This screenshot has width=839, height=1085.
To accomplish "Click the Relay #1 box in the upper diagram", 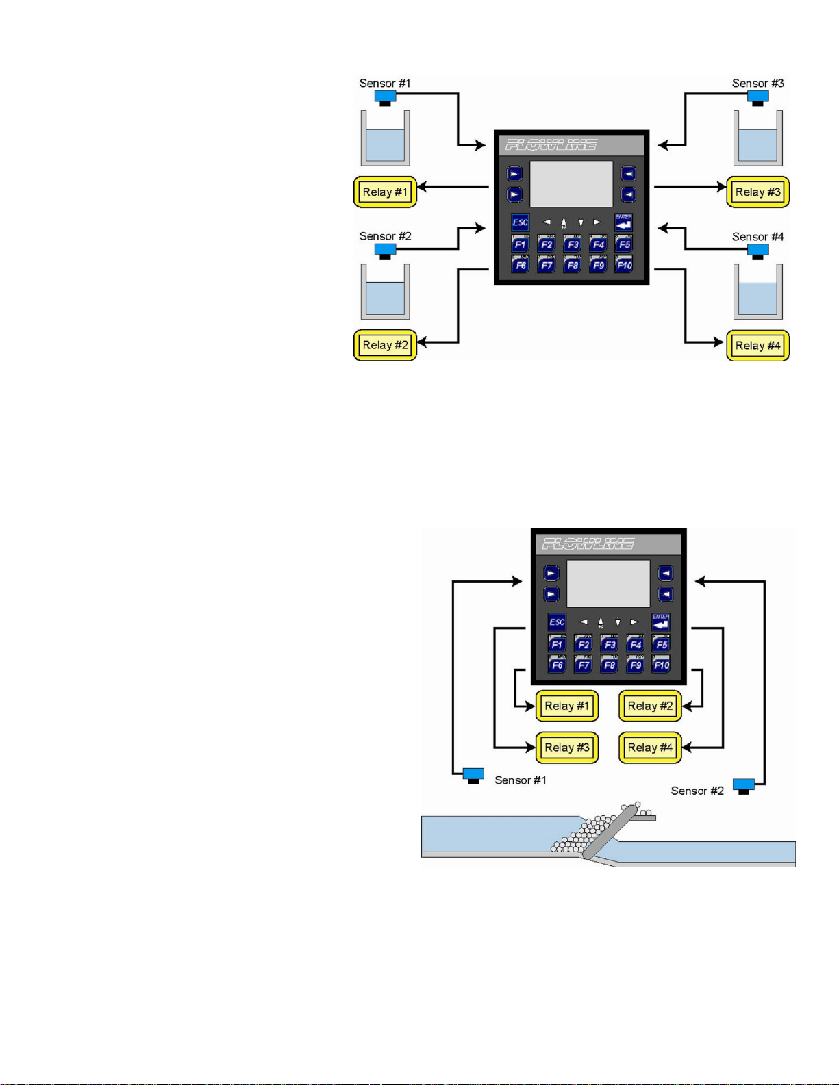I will tap(385, 192).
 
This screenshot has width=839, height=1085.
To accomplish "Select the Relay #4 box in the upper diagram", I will tap(757, 345).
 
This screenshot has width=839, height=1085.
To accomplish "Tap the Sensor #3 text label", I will tap(757, 83).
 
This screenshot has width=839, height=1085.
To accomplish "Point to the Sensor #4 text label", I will tap(757, 236).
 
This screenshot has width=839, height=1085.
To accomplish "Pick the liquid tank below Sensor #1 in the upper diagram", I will tap(385, 139).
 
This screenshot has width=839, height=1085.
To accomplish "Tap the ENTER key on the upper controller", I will tap(623, 222).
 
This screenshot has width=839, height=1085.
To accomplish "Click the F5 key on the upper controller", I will tap(623, 244).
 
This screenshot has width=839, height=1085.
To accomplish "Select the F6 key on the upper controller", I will tap(520, 264).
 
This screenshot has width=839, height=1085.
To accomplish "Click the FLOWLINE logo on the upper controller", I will tap(551, 144).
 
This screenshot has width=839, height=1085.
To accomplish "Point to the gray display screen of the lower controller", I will tap(608, 584).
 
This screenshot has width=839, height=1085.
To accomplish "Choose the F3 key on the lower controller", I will tap(609, 644).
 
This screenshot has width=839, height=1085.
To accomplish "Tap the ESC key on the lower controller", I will tap(557, 622).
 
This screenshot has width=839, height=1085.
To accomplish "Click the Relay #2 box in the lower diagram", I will tap(650, 706).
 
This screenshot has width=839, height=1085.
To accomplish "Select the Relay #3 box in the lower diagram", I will tap(567, 748).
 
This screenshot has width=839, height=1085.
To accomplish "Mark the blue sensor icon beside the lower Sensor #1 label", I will tap(473, 776).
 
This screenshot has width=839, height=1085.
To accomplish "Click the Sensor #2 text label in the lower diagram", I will tap(697, 791).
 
